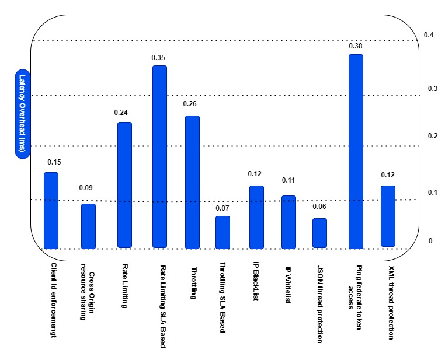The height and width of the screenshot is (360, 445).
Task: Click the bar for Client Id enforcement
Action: [51, 209]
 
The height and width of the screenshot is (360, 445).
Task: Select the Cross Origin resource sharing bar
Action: [88, 226]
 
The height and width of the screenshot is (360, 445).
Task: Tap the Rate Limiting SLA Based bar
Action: [159, 156]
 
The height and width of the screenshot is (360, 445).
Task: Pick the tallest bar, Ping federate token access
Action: [356, 151]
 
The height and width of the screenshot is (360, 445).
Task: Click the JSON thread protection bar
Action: [319, 233]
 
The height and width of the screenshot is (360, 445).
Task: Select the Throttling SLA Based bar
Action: [222, 232]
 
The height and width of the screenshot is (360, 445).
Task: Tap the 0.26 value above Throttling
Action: [190, 104]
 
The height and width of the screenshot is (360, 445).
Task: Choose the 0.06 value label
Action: [319, 207]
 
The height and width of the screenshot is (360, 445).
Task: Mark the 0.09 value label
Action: [86, 188]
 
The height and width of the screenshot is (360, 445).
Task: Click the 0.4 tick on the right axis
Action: [429, 35]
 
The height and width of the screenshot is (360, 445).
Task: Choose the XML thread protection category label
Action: [391, 303]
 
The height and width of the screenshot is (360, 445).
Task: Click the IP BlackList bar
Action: [256, 216]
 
